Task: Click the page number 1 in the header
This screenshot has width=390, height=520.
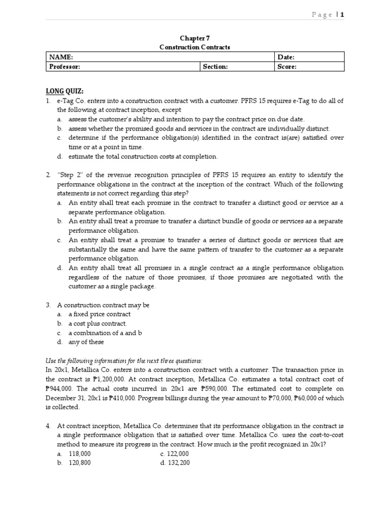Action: [x=342, y=15]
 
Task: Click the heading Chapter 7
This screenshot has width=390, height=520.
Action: [x=194, y=38]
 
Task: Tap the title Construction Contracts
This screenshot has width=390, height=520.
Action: [x=194, y=47]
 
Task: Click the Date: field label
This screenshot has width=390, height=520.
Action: [x=286, y=57]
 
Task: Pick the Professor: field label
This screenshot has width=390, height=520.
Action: [x=64, y=67]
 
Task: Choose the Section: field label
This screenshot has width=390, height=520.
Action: [x=215, y=67]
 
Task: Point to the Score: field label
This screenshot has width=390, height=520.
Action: [x=287, y=67]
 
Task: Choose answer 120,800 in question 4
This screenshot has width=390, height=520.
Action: [x=80, y=463]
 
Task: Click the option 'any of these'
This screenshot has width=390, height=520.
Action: [x=86, y=342]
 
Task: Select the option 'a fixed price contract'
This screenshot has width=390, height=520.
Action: [x=100, y=314]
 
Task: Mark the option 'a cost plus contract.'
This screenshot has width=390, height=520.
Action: [x=97, y=323]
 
